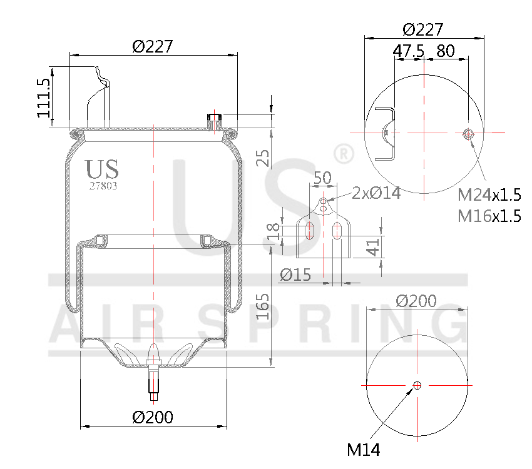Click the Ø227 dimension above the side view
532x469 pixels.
(x=152, y=46)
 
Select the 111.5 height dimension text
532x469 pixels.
(x=43, y=98)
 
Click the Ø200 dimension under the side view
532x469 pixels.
(x=153, y=416)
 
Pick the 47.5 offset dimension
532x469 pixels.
(x=409, y=51)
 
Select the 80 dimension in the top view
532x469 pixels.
(x=445, y=51)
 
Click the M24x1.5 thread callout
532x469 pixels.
(x=489, y=194)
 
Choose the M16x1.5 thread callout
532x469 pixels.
(x=489, y=216)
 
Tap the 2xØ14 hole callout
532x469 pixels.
(x=376, y=193)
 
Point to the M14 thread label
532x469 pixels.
(x=363, y=448)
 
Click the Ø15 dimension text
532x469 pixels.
(x=295, y=275)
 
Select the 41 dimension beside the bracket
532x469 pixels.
(x=373, y=248)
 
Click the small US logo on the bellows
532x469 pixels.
(x=101, y=169)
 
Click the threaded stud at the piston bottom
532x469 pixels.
(x=153, y=378)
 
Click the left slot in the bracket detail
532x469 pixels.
(x=309, y=231)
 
